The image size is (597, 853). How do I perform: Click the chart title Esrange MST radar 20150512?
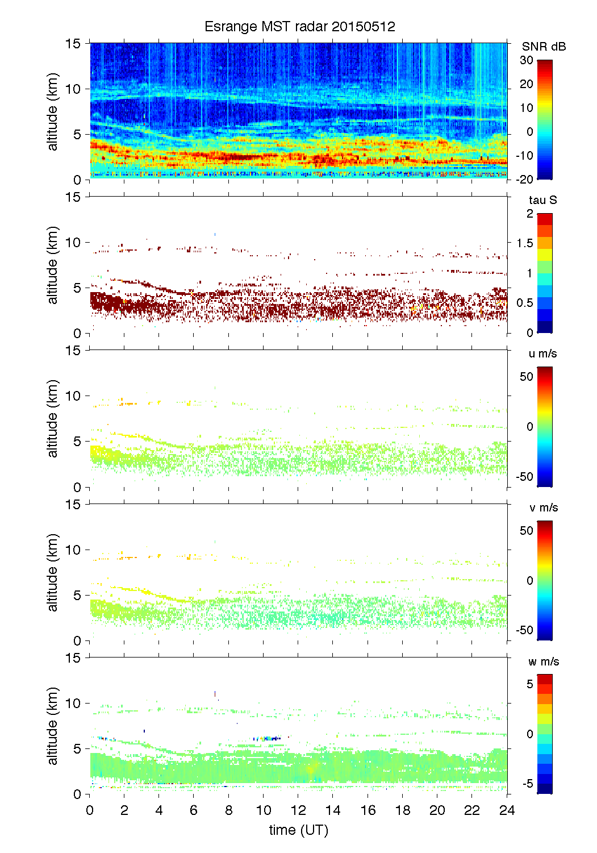click(x=299, y=27)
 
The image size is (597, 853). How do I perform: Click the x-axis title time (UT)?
click(x=298, y=830)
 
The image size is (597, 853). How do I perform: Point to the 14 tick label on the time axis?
click(x=333, y=810)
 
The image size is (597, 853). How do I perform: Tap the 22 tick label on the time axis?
click(x=472, y=810)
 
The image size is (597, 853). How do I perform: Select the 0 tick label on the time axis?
click(x=90, y=810)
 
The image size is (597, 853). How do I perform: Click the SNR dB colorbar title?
click(x=544, y=47)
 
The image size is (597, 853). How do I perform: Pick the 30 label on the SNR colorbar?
click(x=527, y=60)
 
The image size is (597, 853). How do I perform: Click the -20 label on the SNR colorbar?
click(x=524, y=180)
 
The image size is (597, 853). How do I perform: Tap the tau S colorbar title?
click(x=542, y=200)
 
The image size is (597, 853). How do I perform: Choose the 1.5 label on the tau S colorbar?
click(x=524, y=243)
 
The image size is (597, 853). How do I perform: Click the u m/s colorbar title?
click(x=542, y=353)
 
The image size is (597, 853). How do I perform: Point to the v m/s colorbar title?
click(x=543, y=507)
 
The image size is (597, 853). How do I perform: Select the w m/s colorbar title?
click(x=544, y=661)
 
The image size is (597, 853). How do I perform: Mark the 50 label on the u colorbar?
click(x=527, y=377)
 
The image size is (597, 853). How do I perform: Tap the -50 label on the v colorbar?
click(x=524, y=630)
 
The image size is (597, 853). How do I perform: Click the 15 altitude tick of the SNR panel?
click(x=74, y=43)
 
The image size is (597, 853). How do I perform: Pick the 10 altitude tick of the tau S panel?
click(x=74, y=243)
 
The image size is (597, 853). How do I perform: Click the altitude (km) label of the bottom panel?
click(x=53, y=726)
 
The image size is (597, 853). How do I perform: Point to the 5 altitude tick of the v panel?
click(x=78, y=596)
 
